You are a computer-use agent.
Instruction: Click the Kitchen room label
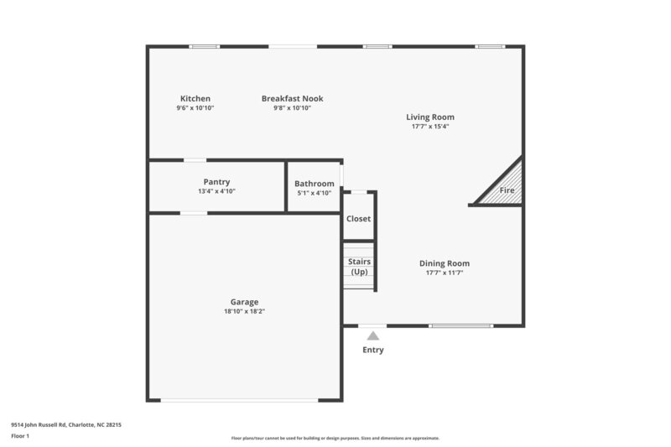tap(195, 99)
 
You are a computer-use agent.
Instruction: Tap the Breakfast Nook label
tap(292, 99)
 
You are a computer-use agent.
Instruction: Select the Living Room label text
tap(430, 117)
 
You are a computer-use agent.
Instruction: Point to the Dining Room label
tap(445, 263)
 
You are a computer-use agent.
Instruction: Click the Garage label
tap(245, 302)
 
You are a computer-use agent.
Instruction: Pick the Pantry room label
tap(216, 182)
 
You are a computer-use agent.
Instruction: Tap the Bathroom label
tap(315, 184)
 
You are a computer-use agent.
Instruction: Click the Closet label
tap(358, 219)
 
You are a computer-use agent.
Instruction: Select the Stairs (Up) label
tap(359, 267)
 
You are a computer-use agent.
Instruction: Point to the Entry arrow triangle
tap(373, 335)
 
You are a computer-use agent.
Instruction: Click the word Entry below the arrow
tap(373, 350)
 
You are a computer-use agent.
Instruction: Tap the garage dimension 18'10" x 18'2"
tap(245, 311)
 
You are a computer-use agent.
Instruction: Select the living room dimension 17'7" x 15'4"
tap(430, 127)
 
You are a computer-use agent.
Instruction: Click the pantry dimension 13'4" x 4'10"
tap(216, 191)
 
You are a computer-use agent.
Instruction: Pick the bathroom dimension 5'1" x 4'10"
tap(315, 193)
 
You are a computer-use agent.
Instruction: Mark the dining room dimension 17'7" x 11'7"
tap(445, 273)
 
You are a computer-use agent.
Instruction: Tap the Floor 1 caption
tap(20, 437)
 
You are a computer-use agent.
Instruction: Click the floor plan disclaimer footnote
tap(335, 438)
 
